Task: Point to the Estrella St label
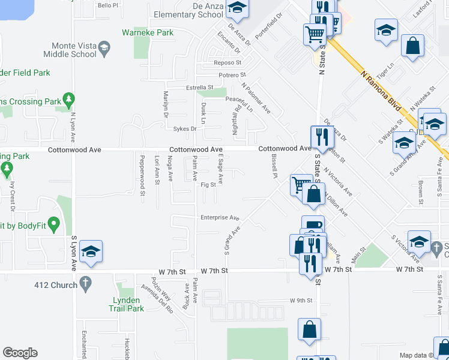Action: pyautogui.click(x=199, y=88)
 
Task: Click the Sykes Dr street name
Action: pyautogui.click(x=185, y=128)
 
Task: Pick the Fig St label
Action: pyautogui.click(x=208, y=185)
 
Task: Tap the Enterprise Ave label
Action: pyautogui.click(x=220, y=218)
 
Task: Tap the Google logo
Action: pyautogui.click(x=20, y=353)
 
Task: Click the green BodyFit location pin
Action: pyautogui.click(x=53, y=225)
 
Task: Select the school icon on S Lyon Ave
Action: pyautogui.click(x=90, y=251)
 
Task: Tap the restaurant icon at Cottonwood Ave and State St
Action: pyautogui.click(x=322, y=137)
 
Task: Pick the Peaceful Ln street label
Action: pyautogui.click(x=239, y=104)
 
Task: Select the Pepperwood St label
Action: pyautogui.click(x=143, y=175)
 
